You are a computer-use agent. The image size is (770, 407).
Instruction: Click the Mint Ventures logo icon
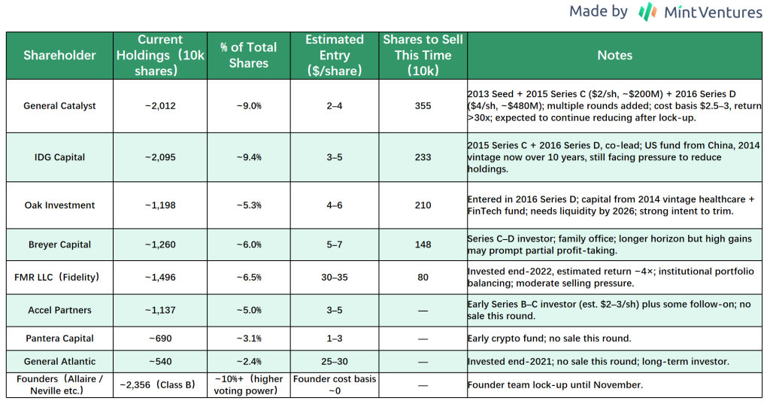tap(647, 12)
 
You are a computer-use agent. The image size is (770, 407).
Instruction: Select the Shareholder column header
tap(59, 55)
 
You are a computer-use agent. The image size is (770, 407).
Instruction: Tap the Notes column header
tap(614, 55)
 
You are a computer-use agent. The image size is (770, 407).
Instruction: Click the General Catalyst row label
tap(59, 106)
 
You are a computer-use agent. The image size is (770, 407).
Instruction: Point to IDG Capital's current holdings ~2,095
tap(159, 157)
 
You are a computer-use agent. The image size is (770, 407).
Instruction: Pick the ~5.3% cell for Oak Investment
tap(248, 205)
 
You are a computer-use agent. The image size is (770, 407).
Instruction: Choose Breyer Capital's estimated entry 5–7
tap(334, 245)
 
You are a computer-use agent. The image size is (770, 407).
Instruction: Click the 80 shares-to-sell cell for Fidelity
tap(423, 278)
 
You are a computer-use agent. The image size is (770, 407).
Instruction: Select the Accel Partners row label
tap(59, 310)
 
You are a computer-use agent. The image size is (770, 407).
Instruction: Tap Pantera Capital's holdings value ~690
tap(159, 338)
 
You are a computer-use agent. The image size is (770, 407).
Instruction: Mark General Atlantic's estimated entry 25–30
tap(334, 362)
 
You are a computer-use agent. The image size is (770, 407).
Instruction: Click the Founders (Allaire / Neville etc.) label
tap(59, 384)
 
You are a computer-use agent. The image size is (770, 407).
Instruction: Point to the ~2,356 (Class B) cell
tap(159, 385)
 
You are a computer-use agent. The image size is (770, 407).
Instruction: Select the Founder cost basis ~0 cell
tap(334, 384)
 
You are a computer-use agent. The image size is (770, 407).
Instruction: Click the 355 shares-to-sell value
tap(423, 106)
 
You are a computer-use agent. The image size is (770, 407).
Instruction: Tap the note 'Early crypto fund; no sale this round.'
tap(548, 338)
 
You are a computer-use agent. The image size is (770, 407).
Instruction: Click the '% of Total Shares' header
tap(248, 55)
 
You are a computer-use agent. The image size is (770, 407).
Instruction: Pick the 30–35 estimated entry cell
tap(334, 278)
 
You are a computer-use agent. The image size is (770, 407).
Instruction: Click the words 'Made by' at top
tap(598, 11)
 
